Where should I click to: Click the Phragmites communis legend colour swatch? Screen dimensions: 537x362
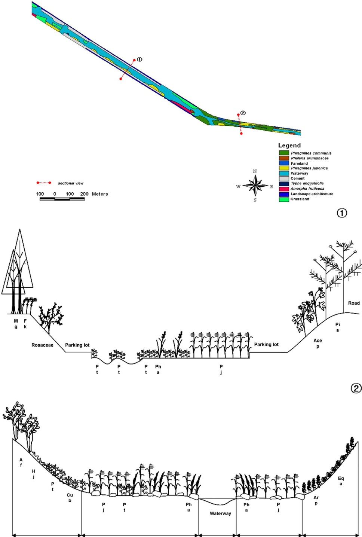tap(284, 153)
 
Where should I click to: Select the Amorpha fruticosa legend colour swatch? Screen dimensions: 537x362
tap(284, 189)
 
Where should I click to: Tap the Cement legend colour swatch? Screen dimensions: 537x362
tap(284, 179)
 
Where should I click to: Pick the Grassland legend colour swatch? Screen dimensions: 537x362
tap(284, 199)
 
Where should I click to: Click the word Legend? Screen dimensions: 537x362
tap(289, 145)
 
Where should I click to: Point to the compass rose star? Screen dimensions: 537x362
tap(255, 186)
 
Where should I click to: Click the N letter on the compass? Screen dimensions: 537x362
tap(255, 171)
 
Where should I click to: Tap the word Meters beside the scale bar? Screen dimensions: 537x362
tap(100, 194)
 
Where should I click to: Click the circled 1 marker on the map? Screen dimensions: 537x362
tap(139, 59)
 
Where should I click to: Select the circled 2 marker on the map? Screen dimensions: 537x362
tap(243, 113)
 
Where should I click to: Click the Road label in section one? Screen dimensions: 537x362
tap(354, 303)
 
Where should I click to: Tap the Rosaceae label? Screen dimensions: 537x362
tap(42, 345)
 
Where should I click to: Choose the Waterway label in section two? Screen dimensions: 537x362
tap(220, 513)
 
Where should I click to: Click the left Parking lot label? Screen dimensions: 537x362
tap(77, 345)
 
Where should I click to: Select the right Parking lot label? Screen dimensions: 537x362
tap(266, 344)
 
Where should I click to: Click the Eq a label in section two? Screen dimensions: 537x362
tap(341, 481)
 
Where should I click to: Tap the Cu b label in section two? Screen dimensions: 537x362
tap(70, 498)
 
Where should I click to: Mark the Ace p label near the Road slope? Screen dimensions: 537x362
tap(317, 343)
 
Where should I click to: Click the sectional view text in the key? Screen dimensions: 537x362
tap(70, 183)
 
